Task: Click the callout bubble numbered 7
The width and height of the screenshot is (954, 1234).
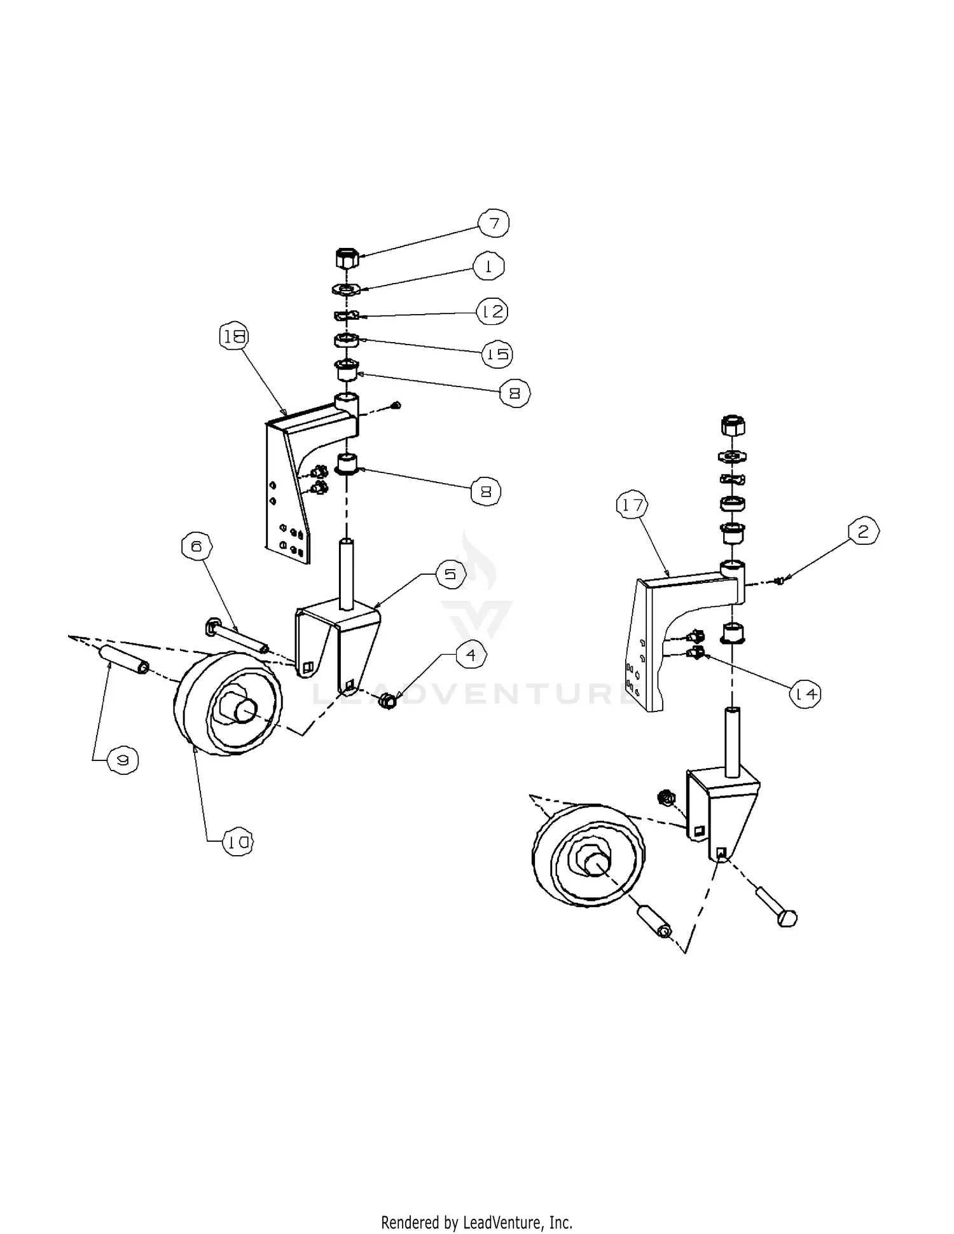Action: (494, 223)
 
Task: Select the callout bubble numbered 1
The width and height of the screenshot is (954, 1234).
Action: (488, 267)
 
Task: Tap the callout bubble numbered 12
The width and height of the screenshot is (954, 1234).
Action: (493, 312)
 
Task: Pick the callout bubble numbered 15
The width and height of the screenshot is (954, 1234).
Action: (497, 353)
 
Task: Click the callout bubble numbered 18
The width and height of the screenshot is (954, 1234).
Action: (234, 337)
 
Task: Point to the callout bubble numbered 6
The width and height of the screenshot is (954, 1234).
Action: (197, 546)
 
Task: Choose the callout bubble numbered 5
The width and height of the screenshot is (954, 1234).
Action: (450, 575)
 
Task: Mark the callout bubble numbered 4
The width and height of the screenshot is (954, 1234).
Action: (471, 655)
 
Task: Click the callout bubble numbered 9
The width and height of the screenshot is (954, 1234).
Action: (123, 760)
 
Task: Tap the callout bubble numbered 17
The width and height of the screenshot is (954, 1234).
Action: (632, 506)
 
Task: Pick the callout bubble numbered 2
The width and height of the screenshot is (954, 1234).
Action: (863, 531)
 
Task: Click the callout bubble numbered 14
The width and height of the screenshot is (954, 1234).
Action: (805, 694)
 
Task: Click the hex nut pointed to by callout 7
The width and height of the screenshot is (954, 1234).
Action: (347, 259)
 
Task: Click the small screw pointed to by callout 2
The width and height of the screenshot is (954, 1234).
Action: (780, 579)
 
